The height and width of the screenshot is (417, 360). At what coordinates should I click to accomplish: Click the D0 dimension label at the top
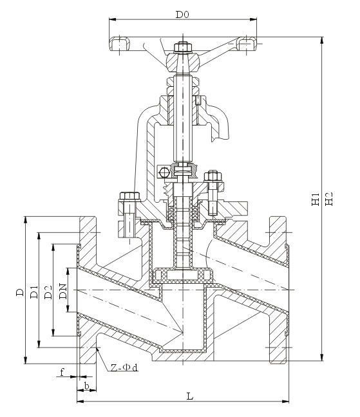[182, 14]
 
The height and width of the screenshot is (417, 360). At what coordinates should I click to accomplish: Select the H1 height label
[316, 199]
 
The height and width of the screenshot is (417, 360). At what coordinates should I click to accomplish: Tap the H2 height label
[329, 199]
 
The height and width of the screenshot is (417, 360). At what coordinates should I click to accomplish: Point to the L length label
[190, 396]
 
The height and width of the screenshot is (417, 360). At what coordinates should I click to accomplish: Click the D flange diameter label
[20, 292]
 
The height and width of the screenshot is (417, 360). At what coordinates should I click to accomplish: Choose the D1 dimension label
[34, 292]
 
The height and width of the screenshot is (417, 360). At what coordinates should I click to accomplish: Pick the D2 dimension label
[48, 292]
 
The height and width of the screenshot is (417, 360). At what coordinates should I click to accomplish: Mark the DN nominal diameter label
[63, 292]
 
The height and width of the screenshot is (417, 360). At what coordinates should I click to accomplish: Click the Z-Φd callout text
[124, 367]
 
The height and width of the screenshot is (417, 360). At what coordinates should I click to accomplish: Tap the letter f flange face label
[62, 372]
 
